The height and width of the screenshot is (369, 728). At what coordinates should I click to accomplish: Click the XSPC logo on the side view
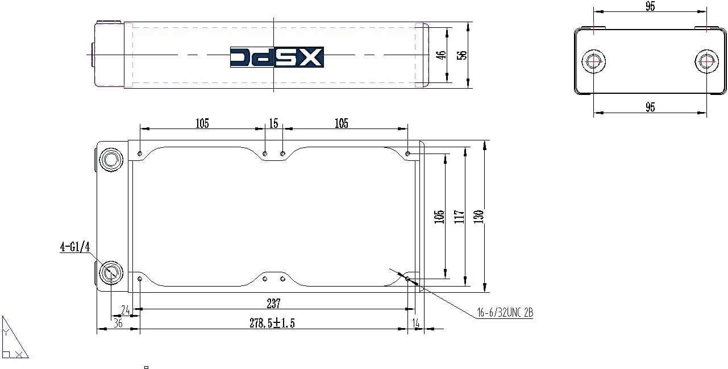click(277, 57)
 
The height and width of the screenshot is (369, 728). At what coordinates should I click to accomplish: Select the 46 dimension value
click(440, 55)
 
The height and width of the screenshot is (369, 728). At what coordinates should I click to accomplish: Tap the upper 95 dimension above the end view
click(650, 7)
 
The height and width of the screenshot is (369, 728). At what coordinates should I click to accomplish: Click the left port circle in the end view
click(594, 61)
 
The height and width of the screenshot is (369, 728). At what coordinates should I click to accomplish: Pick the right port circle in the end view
click(706, 61)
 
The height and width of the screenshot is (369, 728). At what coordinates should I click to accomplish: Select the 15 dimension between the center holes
click(274, 123)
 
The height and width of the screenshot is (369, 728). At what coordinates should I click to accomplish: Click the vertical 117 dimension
click(460, 217)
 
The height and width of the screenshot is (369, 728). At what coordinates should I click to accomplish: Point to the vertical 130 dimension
click(479, 217)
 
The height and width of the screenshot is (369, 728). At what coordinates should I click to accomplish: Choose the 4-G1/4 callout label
click(75, 247)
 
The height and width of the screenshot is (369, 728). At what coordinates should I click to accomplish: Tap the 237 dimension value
click(273, 303)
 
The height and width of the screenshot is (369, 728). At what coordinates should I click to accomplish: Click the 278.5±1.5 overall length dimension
click(273, 323)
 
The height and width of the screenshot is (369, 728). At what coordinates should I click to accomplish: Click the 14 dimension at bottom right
click(417, 323)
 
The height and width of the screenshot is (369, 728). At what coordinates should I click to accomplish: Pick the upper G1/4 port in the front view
click(110, 160)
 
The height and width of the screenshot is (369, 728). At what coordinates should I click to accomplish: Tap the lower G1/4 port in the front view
click(110, 273)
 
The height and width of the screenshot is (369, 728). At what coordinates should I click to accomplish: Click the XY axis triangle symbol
click(14, 340)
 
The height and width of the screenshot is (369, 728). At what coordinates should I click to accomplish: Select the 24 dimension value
click(126, 310)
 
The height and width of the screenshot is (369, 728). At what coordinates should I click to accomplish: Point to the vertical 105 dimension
click(439, 217)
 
